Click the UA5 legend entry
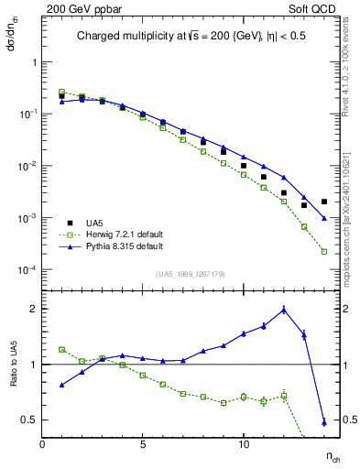click(94, 223)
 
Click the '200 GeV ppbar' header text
click(77, 8)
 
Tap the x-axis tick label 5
click(143, 444)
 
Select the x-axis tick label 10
click(244, 444)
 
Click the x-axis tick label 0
click(42, 444)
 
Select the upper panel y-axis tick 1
click(33, 62)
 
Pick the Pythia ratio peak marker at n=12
click(284, 310)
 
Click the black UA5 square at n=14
click(324, 202)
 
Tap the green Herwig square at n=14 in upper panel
click(324, 251)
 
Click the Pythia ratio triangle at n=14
click(324, 422)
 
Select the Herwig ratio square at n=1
click(62, 350)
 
